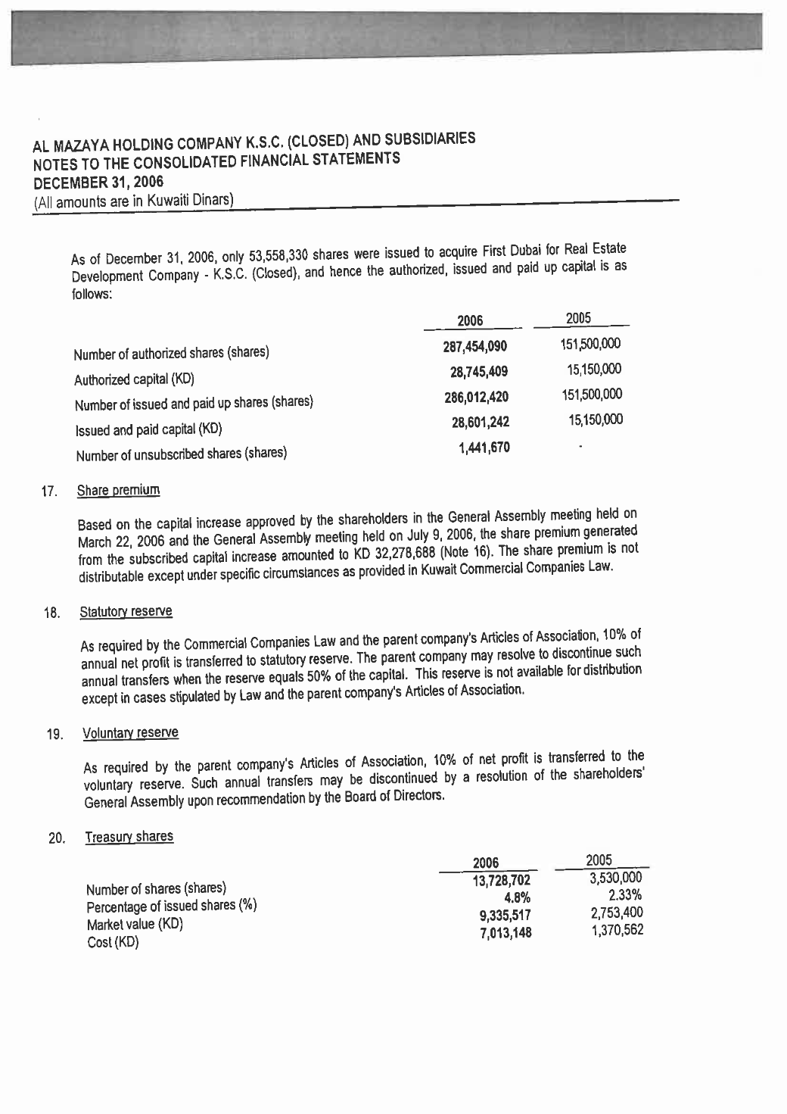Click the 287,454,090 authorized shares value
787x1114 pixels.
[x=474, y=347]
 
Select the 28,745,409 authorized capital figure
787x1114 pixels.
[x=478, y=372]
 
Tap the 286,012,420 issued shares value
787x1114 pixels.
[x=476, y=397]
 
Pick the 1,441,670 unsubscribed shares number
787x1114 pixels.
[x=484, y=448]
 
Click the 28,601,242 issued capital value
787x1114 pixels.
[x=479, y=422]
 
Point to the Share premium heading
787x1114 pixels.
[x=119, y=490]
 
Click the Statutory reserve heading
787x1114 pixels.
[x=126, y=611]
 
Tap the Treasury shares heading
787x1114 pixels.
[x=129, y=837]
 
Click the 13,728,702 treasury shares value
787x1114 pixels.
[x=501, y=880]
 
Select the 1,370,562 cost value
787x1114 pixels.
[x=617, y=930]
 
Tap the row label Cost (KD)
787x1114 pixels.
[x=113, y=944]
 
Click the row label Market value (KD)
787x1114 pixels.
[x=135, y=925]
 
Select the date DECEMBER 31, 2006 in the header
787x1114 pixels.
[x=98, y=183]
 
